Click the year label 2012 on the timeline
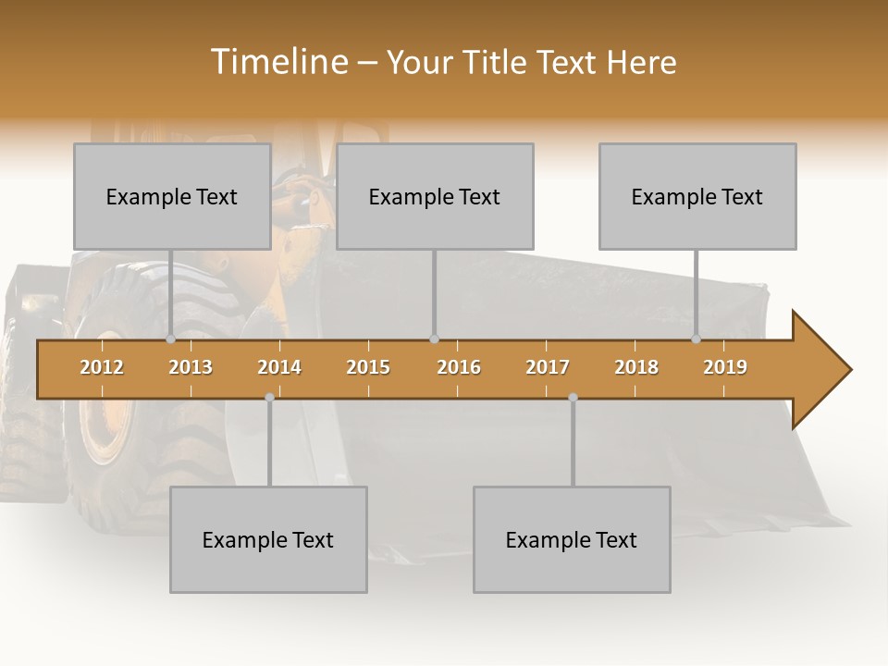click(102, 367)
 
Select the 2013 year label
click(191, 367)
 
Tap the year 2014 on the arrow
click(279, 367)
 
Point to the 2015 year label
click(368, 367)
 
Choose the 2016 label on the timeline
click(459, 367)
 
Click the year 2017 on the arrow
click(548, 367)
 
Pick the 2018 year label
click(636, 367)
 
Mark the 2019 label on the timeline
click(725, 367)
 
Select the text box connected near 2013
click(172, 196)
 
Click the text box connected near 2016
click(435, 196)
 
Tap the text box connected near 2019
click(697, 196)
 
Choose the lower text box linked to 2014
click(268, 539)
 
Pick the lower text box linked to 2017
click(572, 539)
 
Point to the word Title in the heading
click(496, 62)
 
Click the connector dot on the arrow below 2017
click(573, 397)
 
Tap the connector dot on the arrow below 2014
click(269, 397)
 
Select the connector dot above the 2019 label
click(697, 339)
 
